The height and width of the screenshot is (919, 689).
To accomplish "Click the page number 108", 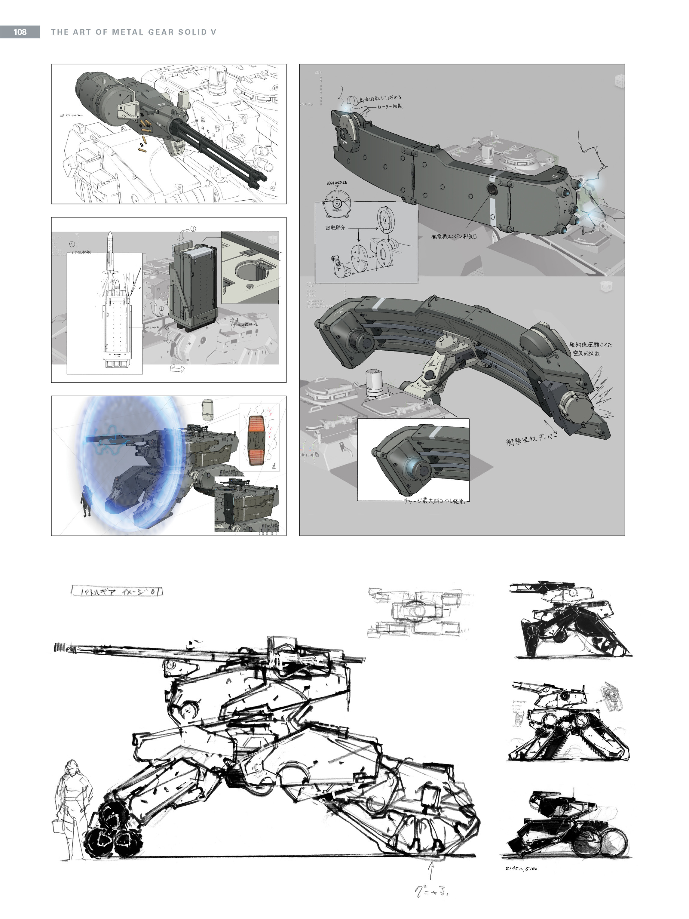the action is pyautogui.click(x=20, y=32).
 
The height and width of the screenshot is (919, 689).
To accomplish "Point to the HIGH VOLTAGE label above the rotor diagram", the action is pyautogui.click(x=336, y=183).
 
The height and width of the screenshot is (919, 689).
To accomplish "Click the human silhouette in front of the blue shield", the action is pyautogui.click(x=86, y=501).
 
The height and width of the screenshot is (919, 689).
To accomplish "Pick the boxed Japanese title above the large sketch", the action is pyautogui.click(x=117, y=592).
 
